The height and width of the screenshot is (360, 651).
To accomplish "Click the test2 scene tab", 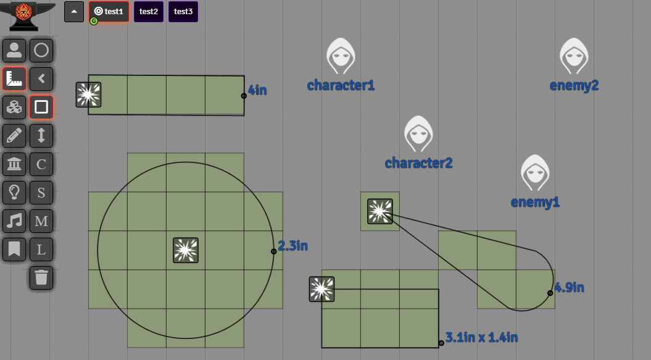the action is click(x=149, y=12).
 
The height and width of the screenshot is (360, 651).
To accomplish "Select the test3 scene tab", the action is click(x=183, y=12).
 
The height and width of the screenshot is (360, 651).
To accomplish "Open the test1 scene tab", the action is click(x=109, y=12).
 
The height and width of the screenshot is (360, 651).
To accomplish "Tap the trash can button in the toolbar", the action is click(x=41, y=278).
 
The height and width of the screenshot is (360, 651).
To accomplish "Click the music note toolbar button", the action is click(x=14, y=220).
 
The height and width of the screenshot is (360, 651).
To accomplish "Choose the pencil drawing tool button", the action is click(x=14, y=135).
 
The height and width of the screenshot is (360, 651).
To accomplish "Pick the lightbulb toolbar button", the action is click(x=14, y=192).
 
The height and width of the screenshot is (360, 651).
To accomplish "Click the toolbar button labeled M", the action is click(x=41, y=220).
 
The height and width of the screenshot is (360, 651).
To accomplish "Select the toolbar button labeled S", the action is click(x=41, y=192).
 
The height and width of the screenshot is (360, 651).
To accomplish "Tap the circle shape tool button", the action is click(x=41, y=50).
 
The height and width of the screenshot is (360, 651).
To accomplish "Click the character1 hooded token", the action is click(x=341, y=56).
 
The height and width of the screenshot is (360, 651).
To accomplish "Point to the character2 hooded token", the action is click(x=418, y=134).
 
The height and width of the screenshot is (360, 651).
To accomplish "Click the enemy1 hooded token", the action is click(x=535, y=173).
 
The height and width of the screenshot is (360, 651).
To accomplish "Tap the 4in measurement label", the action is click(x=257, y=90).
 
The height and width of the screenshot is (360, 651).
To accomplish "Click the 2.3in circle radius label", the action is click(x=292, y=246).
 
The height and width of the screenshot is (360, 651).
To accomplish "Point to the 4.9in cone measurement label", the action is click(x=569, y=287).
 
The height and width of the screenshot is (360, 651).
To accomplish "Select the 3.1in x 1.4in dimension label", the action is click(x=481, y=337).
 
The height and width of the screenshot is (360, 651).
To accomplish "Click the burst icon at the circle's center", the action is click(x=186, y=250).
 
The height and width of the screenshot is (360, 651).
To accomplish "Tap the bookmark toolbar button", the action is click(x=14, y=249).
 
